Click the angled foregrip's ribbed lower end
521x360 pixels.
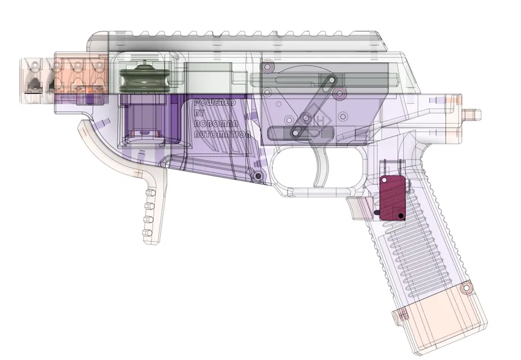click(151, 213)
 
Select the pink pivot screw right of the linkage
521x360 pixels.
click(340, 92)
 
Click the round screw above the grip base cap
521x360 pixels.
click(467, 285)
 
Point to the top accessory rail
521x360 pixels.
click(242, 43)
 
